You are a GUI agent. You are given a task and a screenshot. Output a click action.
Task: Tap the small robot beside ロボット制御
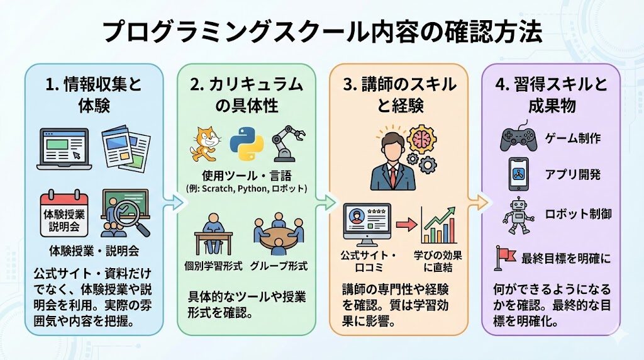click(518, 215)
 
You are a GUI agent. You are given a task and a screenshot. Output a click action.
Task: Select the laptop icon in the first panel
click(63, 149)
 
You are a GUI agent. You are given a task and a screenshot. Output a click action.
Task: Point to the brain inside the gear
click(420, 138)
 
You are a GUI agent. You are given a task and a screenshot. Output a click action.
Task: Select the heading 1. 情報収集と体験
click(94, 94)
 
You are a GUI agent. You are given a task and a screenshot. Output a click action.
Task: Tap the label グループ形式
click(279, 266)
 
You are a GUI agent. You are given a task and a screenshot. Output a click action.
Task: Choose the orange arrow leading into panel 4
click(479, 202)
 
